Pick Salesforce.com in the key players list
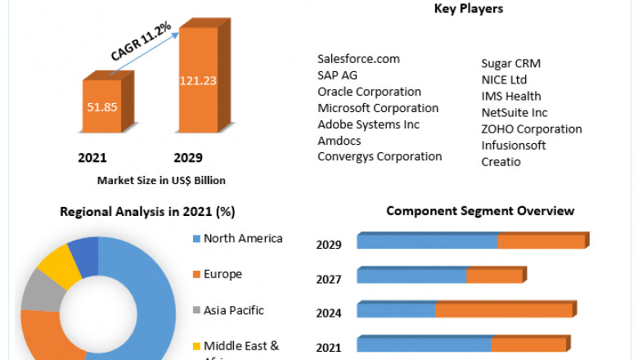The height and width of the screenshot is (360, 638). [357, 59]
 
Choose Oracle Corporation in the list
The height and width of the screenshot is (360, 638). [369, 92]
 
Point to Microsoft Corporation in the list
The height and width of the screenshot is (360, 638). [378, 108]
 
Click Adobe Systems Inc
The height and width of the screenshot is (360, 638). [368, 124]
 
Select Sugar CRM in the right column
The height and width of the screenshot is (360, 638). [510, 63]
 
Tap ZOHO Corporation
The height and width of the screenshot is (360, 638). [531, 128]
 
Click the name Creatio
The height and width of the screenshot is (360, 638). [501, 161]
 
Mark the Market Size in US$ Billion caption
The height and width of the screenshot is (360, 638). [161, 180]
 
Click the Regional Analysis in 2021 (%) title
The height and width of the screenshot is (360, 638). [147, 211]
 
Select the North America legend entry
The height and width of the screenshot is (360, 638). [242, 238]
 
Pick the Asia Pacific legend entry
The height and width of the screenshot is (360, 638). [233, 310]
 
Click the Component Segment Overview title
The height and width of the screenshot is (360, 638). [480, 211]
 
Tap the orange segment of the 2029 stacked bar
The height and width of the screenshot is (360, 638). [541, 241]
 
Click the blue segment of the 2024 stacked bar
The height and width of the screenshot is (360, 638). [396, 310]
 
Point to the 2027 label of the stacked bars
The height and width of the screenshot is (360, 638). [328, 279]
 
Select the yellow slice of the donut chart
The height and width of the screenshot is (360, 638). [58, 267]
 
